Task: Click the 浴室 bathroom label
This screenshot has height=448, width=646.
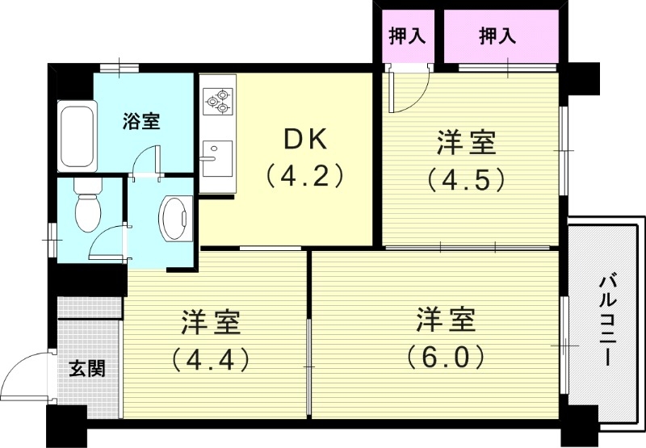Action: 141,123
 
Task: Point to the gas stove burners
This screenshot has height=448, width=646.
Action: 218,101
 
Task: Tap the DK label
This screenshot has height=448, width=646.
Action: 305,140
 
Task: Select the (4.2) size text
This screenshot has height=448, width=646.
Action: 305,175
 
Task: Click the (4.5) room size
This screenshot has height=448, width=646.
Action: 466,178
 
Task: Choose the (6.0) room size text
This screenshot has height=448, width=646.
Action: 446,356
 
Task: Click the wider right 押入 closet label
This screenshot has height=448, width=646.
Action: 497,36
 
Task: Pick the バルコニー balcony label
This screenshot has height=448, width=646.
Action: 608,321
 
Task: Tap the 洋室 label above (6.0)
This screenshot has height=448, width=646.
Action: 446,320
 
